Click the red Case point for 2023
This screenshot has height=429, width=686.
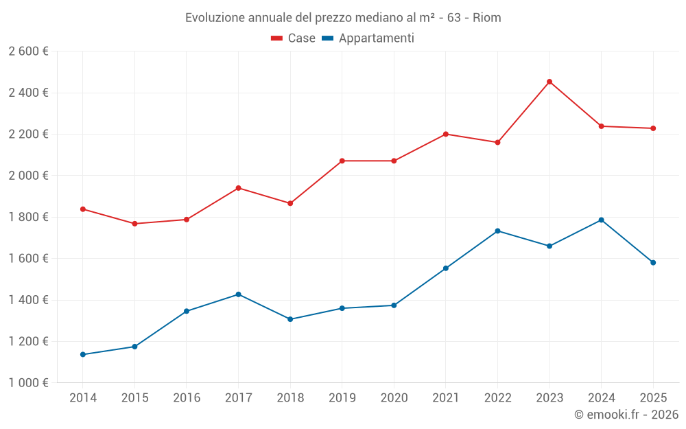[x=549, y=82]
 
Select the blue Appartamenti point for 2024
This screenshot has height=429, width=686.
[x=601, y=220]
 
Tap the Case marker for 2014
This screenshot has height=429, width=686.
[x=83, y=209]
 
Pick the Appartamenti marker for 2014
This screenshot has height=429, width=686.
[x=83, y=354]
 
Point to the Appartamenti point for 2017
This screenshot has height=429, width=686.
[x=238, y=294]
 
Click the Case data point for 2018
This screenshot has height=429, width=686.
[x=290, y=203]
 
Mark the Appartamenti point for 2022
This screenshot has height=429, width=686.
[x=497, y=231]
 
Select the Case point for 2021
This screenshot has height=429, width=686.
[x=446, y=134]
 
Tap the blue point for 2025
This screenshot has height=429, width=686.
[x=653, y=262]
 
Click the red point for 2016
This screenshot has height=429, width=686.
[x=187, y=220]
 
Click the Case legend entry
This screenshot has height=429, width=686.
[x=294, y=38]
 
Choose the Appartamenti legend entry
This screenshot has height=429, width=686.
[x=368, y=38]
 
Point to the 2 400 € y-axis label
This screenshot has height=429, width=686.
[x=28, y=93]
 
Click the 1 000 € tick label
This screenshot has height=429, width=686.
[x=28, y=383]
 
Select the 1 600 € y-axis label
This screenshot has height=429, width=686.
[x=28, y=259]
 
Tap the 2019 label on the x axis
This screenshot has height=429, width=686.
[x=342, y=398]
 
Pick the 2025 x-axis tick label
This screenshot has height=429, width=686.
[x=653, y=398]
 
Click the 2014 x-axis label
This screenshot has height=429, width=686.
[x=83, y=398]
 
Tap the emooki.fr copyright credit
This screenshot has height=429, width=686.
[x=626, y=415]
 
